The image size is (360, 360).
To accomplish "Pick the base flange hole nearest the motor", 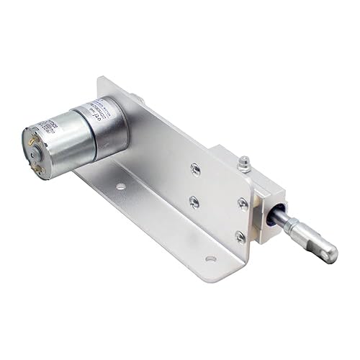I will [121, 186].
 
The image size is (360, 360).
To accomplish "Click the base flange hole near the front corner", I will [210, 258].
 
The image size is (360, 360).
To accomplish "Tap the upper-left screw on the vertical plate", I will [194, 170].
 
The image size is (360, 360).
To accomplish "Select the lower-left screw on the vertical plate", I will [195, 202].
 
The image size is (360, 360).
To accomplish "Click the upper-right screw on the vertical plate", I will [243, 204].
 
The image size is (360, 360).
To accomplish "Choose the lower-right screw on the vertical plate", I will [241, 235].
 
